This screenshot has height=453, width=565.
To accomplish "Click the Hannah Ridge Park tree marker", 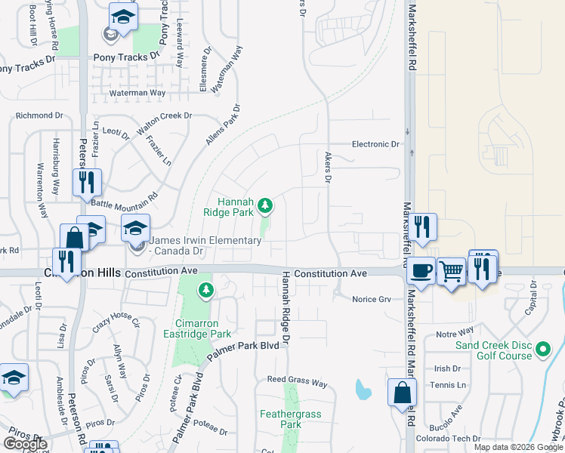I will pos(265,205).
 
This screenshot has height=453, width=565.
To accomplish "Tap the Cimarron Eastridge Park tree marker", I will pos(205,289).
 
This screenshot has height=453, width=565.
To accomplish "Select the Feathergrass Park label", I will pos(280,419).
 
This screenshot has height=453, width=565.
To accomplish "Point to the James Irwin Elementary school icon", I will pos(136,227).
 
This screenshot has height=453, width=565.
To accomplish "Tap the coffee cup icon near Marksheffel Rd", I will pos(421,270).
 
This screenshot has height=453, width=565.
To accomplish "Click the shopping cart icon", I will pos(451,270).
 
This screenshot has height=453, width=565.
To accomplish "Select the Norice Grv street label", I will pos(372,299).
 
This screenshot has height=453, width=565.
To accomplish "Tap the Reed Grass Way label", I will pos(297,384).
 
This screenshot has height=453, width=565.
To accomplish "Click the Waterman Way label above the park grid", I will pos(137,93).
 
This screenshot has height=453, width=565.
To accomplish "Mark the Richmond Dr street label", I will pos(39,116).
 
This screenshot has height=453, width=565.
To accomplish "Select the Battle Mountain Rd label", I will pos(124,199).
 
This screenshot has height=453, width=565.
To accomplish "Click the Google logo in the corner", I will pos(25,444).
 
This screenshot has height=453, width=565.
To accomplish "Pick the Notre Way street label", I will pos(454,331).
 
